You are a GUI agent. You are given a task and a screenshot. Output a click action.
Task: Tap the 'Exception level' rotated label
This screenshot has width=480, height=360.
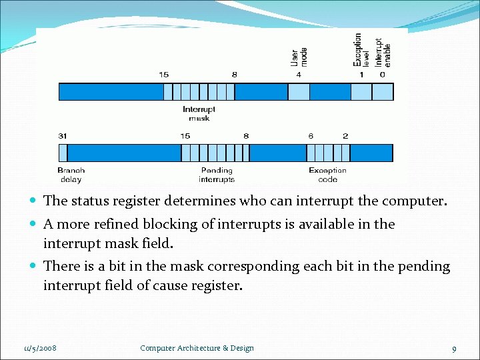pos(360,50)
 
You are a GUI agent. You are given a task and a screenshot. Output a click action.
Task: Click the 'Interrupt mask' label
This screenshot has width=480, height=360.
pos(199,113)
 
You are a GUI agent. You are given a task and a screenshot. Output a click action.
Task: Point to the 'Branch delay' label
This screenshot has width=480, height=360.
pos(71,175)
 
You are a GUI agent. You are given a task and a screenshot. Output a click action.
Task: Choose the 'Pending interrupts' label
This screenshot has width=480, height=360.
pos(217,175)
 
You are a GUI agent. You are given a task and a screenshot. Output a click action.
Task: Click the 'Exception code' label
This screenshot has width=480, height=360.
pos(327,175)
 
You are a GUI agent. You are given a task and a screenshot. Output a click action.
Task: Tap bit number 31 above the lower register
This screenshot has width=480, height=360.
pos(63,136)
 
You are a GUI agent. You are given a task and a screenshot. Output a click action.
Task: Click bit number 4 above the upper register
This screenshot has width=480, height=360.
pos(299,75)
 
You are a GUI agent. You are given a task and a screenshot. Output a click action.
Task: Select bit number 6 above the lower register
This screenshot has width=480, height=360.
pos(311,136)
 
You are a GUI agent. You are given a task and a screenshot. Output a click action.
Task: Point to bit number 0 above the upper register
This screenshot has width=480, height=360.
pos(382,75)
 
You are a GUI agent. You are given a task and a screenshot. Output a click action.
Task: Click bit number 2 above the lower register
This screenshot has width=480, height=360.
pos(345,136)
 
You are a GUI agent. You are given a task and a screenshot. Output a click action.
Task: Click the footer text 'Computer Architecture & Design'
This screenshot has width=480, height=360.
pos(197,348)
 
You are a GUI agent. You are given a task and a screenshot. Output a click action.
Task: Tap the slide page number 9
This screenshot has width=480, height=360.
pos(453,349)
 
